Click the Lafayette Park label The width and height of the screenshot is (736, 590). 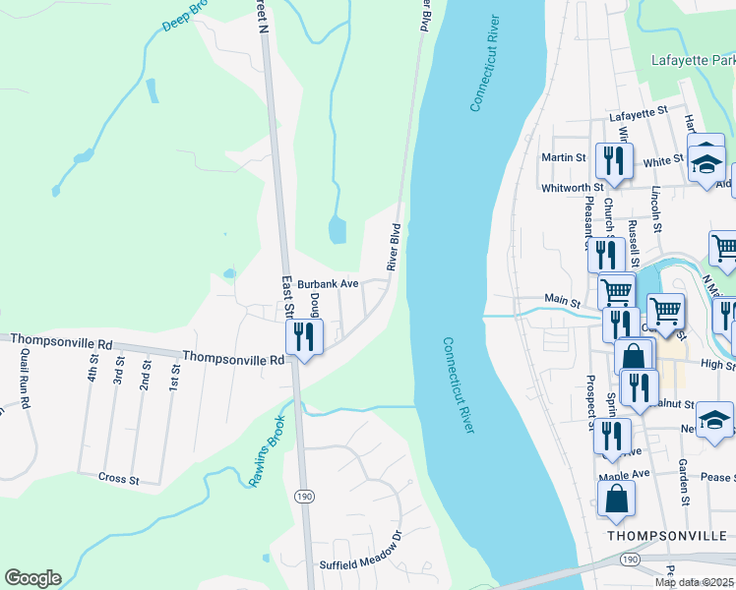[693, 60]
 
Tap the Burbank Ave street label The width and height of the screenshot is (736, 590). [329, 282]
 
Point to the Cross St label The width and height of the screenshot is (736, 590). [119, 478]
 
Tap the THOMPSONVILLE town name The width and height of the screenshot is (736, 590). [670, 536]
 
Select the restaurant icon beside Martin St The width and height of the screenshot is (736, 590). [615, 161]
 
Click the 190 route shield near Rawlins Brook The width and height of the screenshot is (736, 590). [304, 497]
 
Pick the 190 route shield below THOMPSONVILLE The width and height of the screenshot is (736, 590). [629, 559]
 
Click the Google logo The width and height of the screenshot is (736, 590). [32, 578]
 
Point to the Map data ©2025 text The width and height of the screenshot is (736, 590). [695, 582]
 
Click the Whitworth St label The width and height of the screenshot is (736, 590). [572, 187]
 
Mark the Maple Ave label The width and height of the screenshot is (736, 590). [625, 474]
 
